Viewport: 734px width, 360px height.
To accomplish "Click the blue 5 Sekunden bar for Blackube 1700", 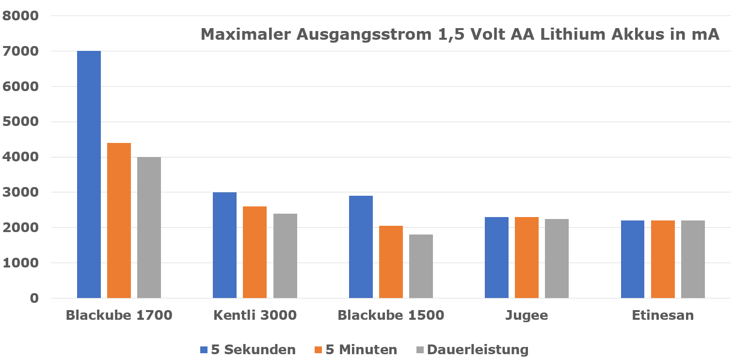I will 89,174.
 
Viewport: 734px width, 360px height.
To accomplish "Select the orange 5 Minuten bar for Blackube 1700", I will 119,220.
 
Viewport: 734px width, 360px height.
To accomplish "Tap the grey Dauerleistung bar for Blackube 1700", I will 149,228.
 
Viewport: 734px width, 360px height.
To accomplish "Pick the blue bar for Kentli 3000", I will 224,245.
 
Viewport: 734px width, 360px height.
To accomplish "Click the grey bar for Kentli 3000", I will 285,256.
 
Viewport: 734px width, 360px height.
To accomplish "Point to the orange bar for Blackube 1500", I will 391,262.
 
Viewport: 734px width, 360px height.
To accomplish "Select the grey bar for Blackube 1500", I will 421,266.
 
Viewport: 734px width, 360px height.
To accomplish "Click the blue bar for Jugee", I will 496,257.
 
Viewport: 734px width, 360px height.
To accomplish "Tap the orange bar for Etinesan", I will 663,259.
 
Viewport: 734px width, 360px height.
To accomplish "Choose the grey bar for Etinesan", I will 693,259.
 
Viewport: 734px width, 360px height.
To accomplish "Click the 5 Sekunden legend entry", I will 248,350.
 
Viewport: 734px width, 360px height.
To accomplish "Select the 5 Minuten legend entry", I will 356,350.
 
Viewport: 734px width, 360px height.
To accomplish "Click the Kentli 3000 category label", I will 255,315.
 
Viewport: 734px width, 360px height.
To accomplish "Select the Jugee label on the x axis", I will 527,316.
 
